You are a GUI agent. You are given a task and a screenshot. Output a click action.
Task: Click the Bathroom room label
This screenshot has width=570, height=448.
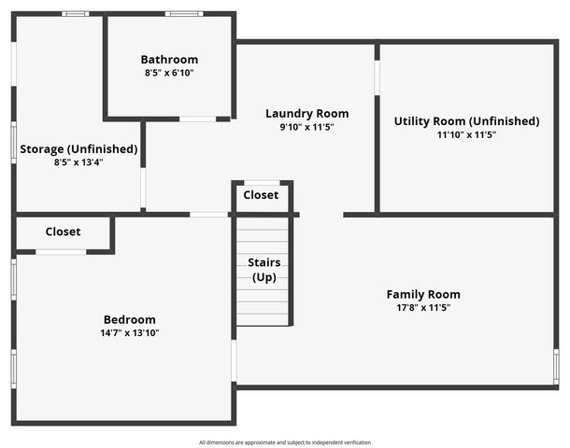pos(169,60)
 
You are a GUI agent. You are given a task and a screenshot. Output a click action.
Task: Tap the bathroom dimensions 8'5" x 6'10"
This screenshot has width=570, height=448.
pos(169,73)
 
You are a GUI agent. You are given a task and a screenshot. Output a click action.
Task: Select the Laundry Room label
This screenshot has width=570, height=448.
pos(307,114)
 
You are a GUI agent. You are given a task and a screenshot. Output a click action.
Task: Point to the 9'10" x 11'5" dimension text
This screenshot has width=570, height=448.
pos(307,128)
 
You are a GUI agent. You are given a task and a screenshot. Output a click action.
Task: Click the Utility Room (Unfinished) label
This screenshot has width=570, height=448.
pos(467,121)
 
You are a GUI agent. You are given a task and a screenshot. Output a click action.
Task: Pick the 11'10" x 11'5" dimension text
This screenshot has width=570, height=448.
pos(467,135)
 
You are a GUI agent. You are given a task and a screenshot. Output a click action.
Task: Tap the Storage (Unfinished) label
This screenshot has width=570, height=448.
pos(78,149)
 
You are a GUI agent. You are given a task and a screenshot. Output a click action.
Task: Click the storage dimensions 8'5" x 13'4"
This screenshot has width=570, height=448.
pos(78,162)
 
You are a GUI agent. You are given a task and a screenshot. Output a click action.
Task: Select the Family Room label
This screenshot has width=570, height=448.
pos(423,294)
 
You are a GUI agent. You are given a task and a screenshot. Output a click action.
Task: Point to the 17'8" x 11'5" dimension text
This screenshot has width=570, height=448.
pos(423,308)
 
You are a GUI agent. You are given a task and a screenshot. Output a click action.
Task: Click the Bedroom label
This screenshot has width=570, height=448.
pos(130,320)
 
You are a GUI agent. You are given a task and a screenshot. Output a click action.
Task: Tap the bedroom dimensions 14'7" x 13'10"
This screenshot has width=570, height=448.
pos(130,333)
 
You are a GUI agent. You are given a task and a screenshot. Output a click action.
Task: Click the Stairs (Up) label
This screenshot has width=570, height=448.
pos(264,270)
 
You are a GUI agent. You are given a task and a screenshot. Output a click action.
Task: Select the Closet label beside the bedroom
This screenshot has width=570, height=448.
pos(63,231)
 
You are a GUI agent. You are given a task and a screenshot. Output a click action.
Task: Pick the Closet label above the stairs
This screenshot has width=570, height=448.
pos(261,195)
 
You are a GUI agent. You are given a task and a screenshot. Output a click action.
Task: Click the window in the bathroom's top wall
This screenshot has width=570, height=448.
pos(184,14)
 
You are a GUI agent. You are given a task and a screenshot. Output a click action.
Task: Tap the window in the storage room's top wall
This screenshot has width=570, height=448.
pos(76,14)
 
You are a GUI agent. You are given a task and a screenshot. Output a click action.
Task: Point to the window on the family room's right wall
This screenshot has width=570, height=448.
pos(556,367)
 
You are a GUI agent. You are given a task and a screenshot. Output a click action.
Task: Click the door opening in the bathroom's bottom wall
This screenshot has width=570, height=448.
pos(198,119)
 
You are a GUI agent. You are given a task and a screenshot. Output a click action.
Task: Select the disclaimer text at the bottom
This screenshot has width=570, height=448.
pos(285,442)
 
